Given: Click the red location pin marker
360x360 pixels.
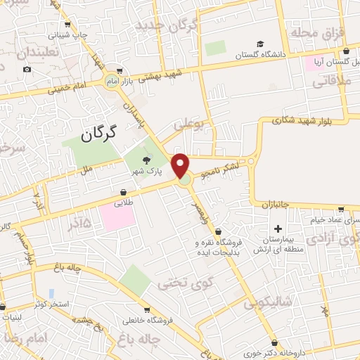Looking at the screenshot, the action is pos(181,165).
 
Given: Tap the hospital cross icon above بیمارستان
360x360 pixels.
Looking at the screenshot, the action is pos(278,229).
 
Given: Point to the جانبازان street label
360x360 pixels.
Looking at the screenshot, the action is pos(272,205).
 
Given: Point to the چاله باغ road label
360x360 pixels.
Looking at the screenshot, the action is pos(67,267).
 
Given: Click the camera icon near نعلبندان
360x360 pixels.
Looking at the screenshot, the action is pos(27,69).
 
